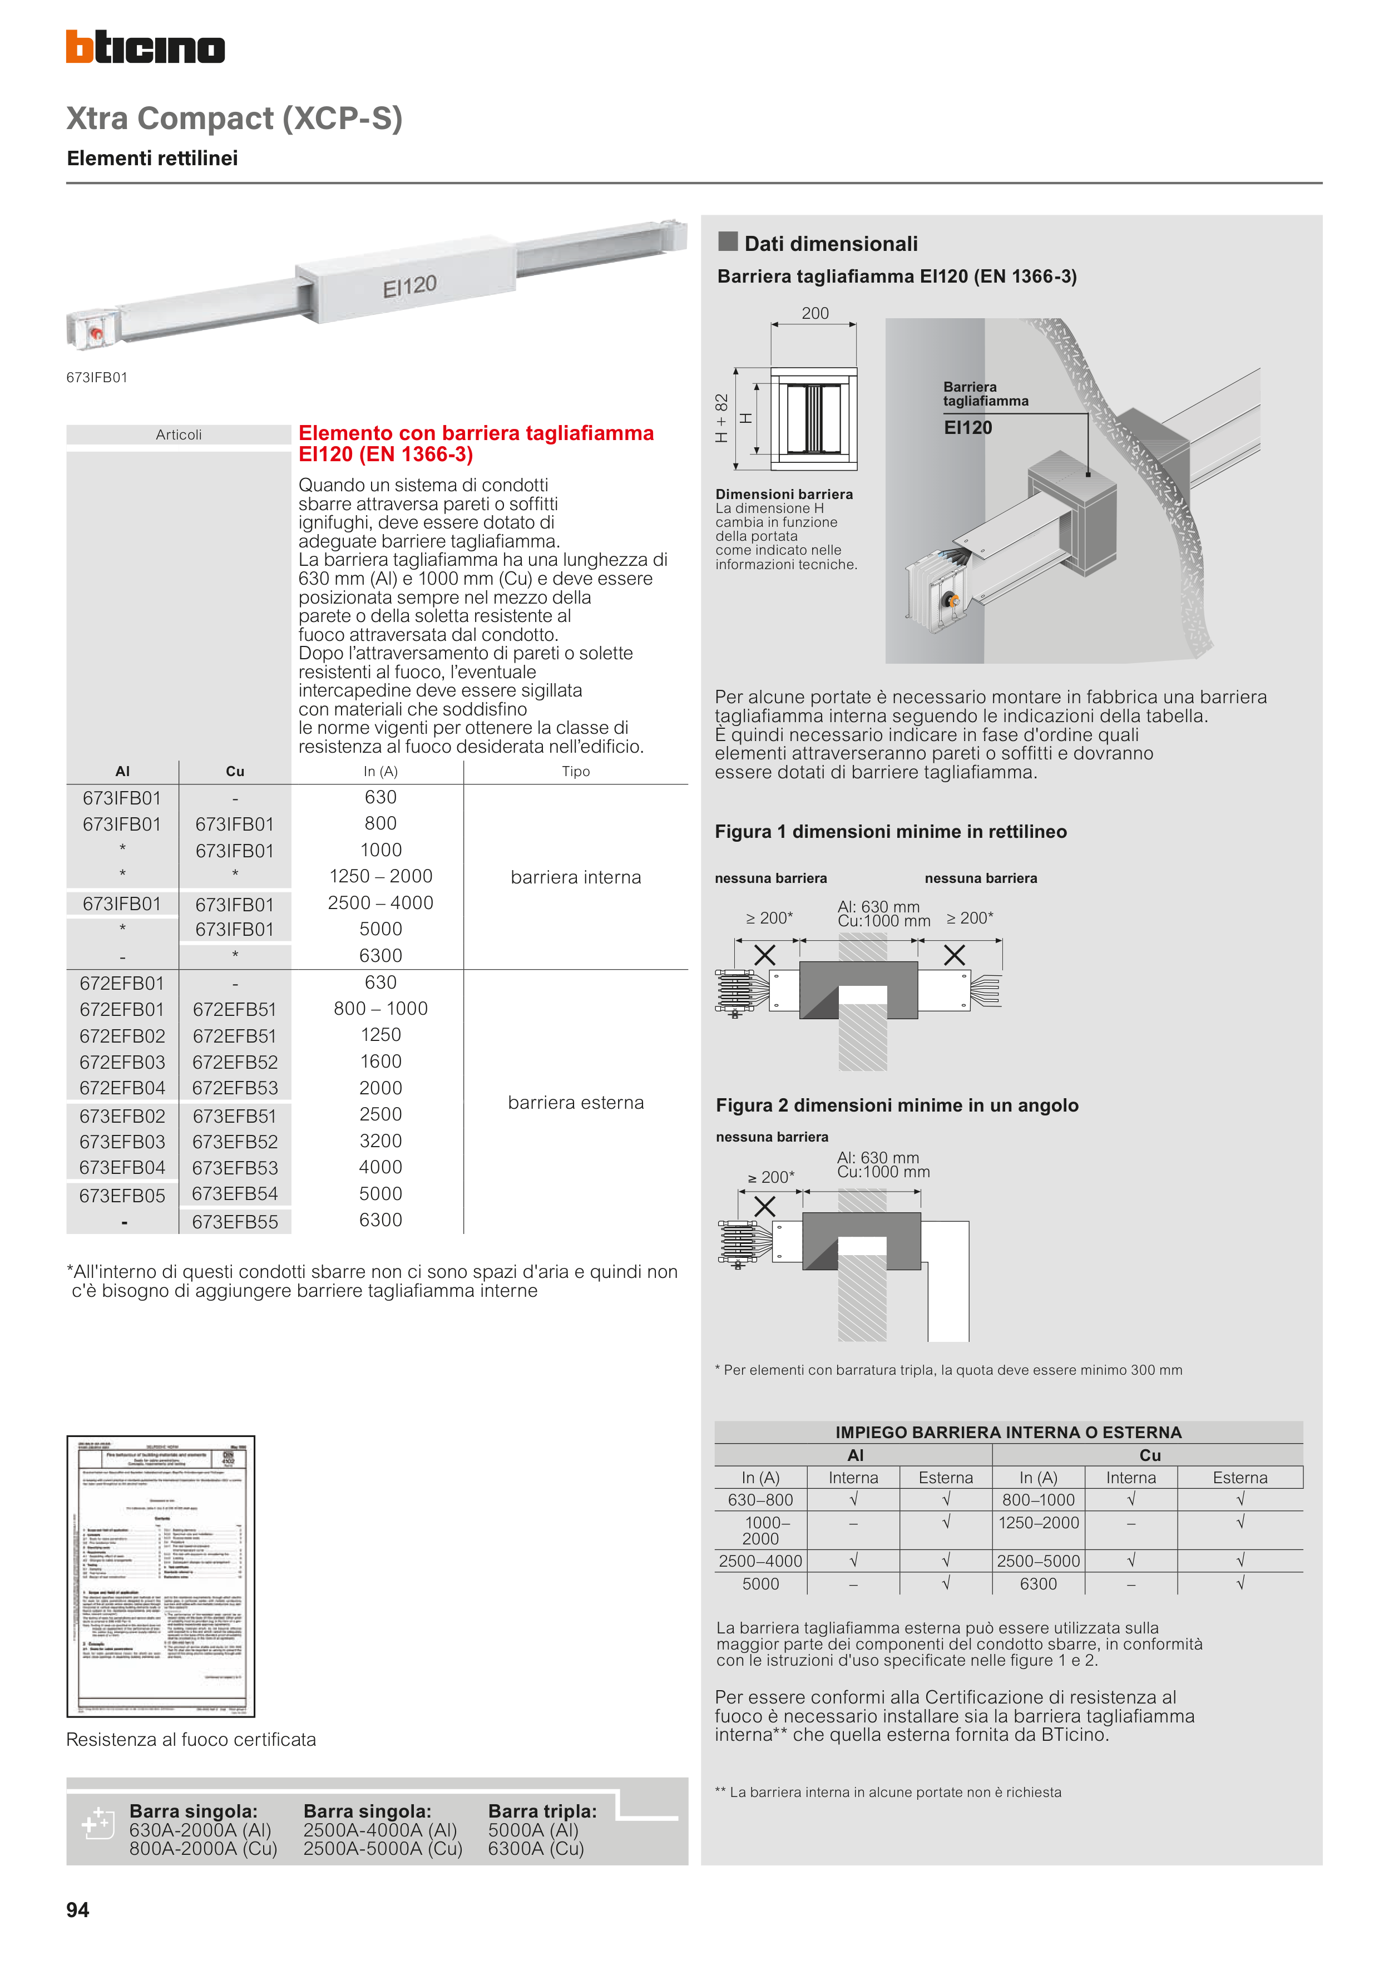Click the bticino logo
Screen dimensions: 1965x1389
pyautogui.click(x=146, y=47)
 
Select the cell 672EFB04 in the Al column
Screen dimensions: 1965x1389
pyautogui.click(x=122, y=1088)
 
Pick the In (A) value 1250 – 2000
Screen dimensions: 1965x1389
pyautogui.click(x=381, y=876)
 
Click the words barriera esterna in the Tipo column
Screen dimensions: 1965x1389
pyautogui.click(x=575, y=1102)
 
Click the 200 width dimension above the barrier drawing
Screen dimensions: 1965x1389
pyautogui.click(x=815, y=313)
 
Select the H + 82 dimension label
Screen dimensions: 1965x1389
pyautogui.click(x=721, y=418)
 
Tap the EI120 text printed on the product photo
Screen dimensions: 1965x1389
pyautogui.click(x=409, y=286)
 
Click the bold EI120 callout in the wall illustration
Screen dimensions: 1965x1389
pyautogui.click(x=968, y=427)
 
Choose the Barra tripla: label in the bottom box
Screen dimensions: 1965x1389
pyautogui.click(x=542, y=1810)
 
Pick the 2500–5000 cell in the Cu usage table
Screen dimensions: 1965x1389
pyautogui.click(x=1038, y=1560)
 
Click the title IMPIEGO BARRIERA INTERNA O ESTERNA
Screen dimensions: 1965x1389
pyautogui.click(x=1008, y=1432)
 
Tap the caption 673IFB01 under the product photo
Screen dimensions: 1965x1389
pyautogui.click(x=97, y=377)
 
